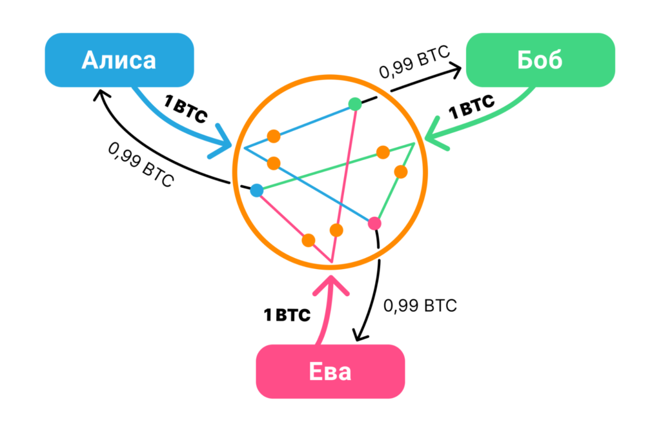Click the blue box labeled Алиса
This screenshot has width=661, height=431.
click(119, 61)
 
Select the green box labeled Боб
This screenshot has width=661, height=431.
click(540, 60)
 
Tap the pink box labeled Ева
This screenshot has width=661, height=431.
click(330, 372)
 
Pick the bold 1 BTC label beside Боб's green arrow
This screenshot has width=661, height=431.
click(472, 107)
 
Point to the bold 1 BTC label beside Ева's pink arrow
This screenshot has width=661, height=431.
click(287, 316)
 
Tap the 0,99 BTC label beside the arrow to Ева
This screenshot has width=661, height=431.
click(420, 305)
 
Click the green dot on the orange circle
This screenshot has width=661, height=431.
click(355, 103)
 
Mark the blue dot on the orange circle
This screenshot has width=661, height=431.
click(257, 190)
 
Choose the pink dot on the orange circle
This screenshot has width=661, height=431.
click(374, 224)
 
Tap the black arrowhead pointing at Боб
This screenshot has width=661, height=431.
click(457, 68)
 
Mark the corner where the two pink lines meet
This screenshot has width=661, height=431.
click(332, 262)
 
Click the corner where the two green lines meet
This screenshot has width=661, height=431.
click(414, 143)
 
